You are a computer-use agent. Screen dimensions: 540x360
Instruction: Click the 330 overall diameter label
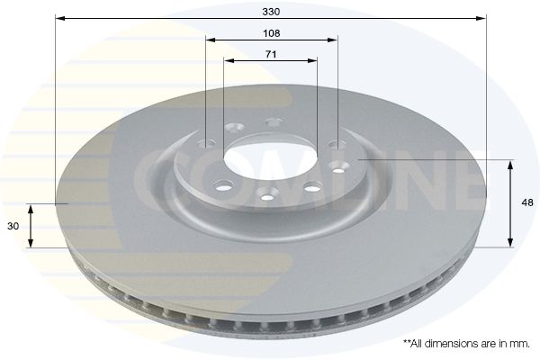pyautogui.click(x=271, y=12)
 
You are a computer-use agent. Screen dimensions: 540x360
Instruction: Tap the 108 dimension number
pyautogui.click(x=272, y=33)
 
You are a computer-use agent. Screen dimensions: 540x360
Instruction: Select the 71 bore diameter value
pyautogui.click(x=271, y=54)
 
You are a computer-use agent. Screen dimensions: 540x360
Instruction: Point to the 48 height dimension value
pyautogui.click(x=527, y=202)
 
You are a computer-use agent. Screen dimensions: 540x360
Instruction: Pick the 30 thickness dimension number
pyautogui.click(x=13, y=226)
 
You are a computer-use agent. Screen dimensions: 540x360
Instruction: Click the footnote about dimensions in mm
pyautogui.click(x=466, y=344)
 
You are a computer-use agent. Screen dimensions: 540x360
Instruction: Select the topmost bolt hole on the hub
pyautogui.click(x=274, y=122)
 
